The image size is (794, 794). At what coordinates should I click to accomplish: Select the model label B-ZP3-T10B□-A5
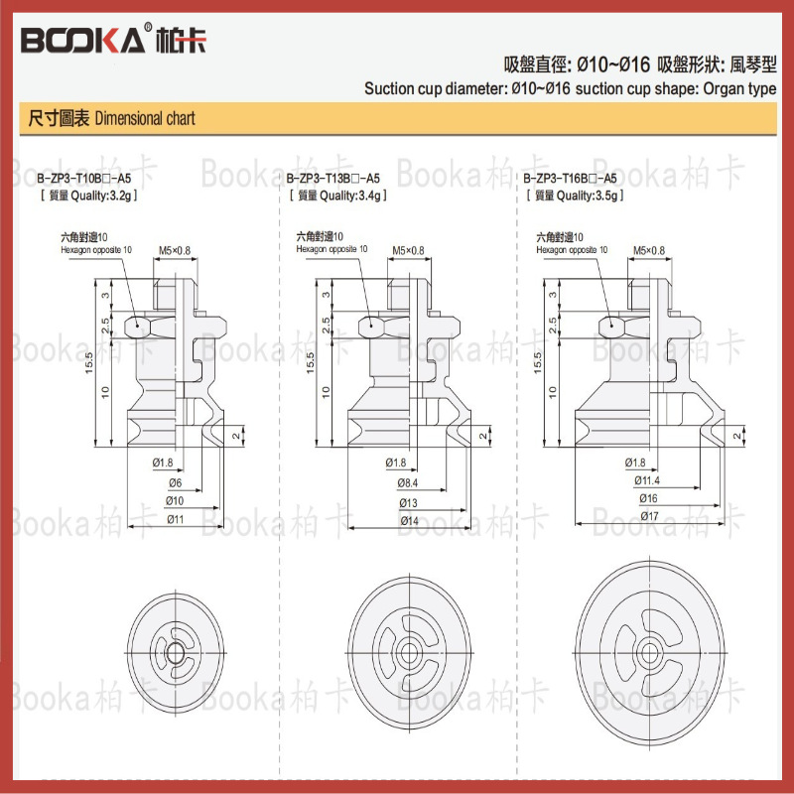[x=83, y=179]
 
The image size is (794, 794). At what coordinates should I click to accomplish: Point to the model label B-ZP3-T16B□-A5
[x=570, y=179]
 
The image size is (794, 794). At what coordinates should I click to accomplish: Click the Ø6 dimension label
[x=173, y=481]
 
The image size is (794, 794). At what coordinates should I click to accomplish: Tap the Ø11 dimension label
[x=176, y=518]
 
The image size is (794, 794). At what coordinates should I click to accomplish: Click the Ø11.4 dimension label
[x=648, y=481]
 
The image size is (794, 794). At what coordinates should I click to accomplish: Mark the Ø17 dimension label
[x=647, y=518]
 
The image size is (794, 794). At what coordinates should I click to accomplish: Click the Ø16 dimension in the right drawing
[x=647, y=499]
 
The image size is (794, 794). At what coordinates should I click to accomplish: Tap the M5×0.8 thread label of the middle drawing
[x=407, y=250]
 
